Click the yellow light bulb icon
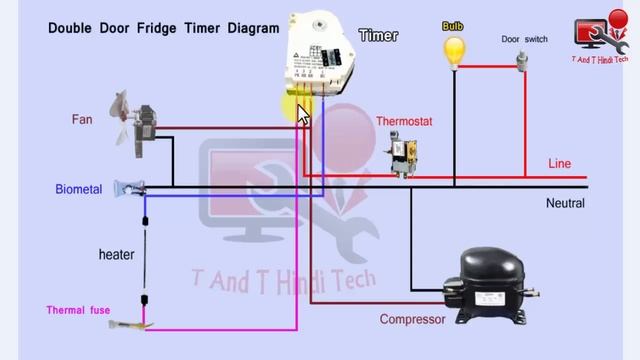point(455,50)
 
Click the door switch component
point(522,60)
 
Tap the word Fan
point(82,120)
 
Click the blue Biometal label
point(79,189)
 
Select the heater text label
point(116,255)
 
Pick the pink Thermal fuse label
point(78,310)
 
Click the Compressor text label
point(412,320)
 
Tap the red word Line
point(560,163)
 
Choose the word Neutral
point(565,203)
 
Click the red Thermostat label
point(404,121)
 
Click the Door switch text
point(524,40)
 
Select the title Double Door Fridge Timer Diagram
point(164,28)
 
